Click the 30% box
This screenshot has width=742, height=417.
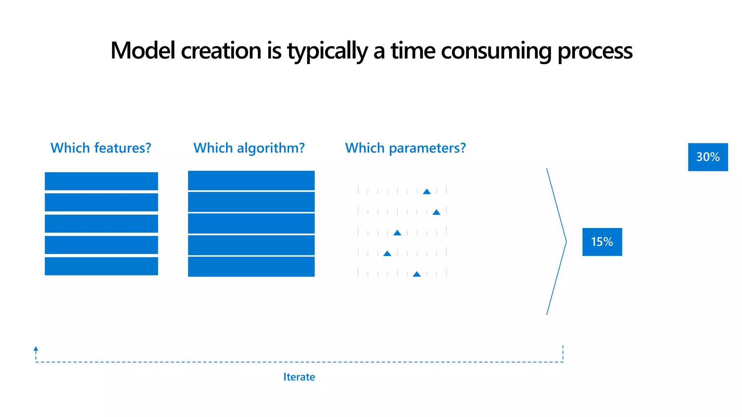tap(708, 157)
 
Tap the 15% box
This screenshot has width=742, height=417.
tap(602, 242)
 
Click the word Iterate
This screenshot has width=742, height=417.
tap(299, 377)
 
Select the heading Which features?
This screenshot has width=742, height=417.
tap(101, 148)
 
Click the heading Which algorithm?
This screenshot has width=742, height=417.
tap(249, 148)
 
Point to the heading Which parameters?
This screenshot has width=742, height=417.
tap(405, 148)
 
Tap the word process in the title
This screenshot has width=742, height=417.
tap(595, 50)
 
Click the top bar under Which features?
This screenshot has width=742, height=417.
tap(101, 181)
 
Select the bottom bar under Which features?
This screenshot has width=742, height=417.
tap(101, 266)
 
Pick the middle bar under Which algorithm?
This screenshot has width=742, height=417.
tap(251, 223)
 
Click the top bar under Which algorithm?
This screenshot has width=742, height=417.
tap(251, 180)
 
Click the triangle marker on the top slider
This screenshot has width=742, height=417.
tap(427, 191)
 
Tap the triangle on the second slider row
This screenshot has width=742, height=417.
tap(436, 212)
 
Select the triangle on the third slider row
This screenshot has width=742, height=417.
tap(397, 233)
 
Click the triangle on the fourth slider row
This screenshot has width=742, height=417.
tap(387, 253)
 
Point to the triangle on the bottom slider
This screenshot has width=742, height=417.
tap(417, 274)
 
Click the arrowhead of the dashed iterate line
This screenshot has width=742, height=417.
tap(36, 349)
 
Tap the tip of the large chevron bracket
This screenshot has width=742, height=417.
tap(566, 241)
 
